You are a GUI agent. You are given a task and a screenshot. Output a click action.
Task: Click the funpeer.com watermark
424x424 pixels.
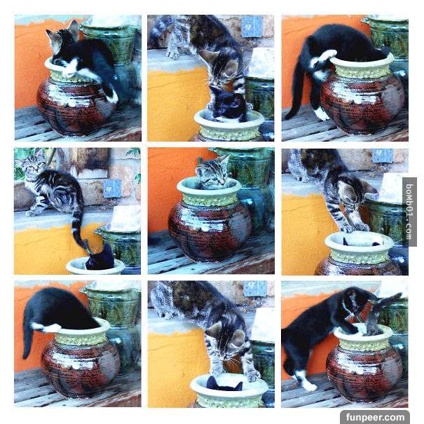coord(375,417)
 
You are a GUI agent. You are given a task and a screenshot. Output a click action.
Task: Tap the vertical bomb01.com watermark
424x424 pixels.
coord(409,212)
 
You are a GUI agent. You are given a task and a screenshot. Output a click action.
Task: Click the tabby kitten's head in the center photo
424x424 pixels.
coord(213,171)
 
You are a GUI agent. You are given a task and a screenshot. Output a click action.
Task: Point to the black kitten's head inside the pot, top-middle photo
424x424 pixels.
coord(227,104)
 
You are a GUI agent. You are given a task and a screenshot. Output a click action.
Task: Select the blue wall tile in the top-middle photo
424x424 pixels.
coord(252,27)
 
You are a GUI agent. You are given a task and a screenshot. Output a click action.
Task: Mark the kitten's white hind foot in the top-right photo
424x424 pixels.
coord(322,114)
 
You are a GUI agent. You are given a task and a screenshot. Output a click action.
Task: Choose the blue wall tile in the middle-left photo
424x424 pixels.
coord(112,189)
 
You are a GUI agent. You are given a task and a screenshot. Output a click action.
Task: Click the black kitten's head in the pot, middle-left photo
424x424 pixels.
coord(101,258)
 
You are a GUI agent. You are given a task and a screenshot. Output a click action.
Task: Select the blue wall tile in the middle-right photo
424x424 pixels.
coord(382,156)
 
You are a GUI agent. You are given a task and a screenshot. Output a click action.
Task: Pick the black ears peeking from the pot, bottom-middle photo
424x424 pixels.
coord(224,384)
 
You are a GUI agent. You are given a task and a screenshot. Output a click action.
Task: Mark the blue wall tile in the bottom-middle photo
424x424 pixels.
coord(255,289)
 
